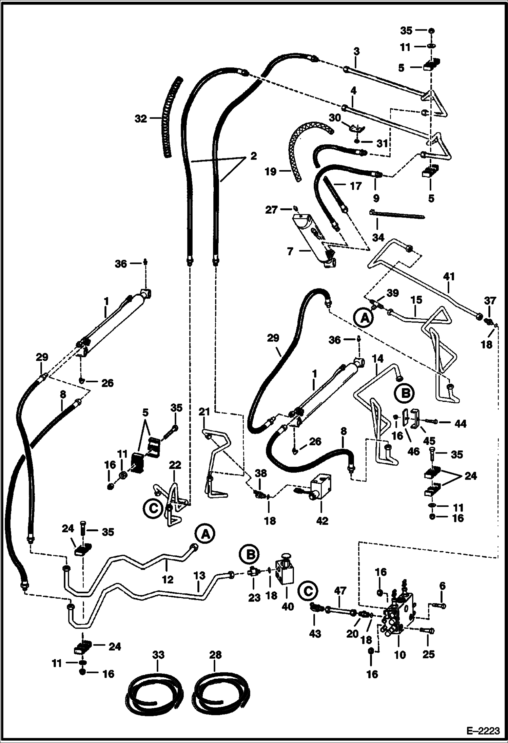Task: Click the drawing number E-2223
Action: click(x=484, y=731)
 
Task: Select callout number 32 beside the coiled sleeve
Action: click(x=140, y=119)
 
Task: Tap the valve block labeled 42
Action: click(x=320, y=488)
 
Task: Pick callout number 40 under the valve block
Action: click(x=288, y=607)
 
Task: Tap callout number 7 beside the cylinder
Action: click(x=290, y=252)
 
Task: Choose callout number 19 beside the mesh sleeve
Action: click(x=271, y=172)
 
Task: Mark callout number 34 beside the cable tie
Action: click(x=378, y=237)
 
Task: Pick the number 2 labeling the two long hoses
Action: click(x=254, y=156)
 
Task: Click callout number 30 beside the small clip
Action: click(x=334, y=118)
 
